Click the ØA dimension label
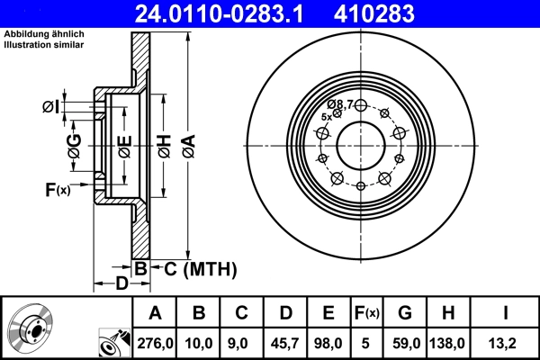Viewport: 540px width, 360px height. coord(187,143)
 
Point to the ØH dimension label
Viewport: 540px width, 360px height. coord(164,143)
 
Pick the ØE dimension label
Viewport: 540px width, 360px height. coord(125,143)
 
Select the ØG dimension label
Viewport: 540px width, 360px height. coord(75,144)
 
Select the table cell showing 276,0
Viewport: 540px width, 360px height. coord(156,341)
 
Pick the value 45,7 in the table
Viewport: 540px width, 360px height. coord(285,341)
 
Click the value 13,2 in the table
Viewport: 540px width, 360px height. coord(507,341)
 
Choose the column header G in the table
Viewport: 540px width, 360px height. coord(405,313)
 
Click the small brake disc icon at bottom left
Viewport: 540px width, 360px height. coord(31,329)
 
